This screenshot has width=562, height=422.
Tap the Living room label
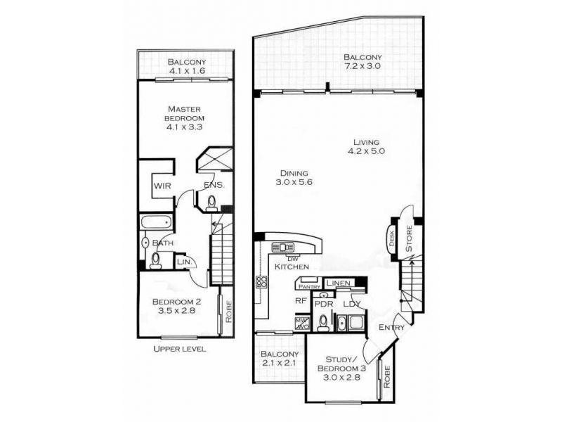[365, 145]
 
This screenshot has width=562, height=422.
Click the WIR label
[163, 186]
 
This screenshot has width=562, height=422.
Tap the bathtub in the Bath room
[156, 223]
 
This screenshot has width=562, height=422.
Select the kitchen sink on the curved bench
[283, 248]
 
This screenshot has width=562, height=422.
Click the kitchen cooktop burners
[262, 282]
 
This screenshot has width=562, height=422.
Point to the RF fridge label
[300, 300]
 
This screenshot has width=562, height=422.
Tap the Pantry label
[309, 286]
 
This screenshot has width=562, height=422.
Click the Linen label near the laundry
[338, 283]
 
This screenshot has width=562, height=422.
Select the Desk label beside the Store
[391, 239]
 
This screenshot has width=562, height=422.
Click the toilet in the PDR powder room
[322, 323]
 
